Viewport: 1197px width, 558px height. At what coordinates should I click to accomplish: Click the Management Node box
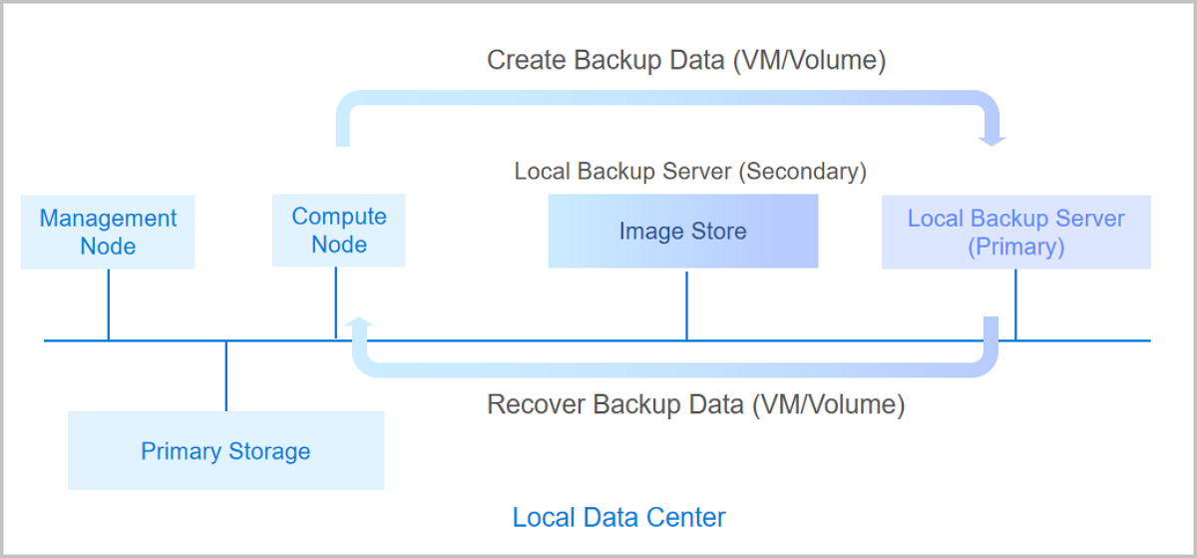click(x=108, y=233)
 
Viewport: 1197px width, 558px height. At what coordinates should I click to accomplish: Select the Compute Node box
click(x=338, y=231)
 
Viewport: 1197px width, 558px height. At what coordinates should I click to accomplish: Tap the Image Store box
click(x=682, y=232)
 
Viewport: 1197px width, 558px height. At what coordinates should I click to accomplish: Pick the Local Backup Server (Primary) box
click(x=1015, y=233)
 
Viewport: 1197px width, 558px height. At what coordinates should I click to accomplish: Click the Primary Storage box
click(x=225, y=451)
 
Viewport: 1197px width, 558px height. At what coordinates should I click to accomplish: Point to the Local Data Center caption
click(x=618, y=517)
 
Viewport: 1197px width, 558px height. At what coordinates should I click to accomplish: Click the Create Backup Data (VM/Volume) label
click(x=686, y=60)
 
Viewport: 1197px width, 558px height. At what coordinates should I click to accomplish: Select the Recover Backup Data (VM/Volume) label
click(x=695, y=404)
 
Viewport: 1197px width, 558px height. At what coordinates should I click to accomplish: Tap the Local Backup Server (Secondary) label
click(x=690, y=171)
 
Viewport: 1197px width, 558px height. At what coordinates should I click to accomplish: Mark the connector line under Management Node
click(x=108, y=304)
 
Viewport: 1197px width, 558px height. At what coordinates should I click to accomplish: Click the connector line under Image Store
click(x=686, y=304)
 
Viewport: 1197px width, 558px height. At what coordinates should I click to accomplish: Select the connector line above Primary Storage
click(x=226, y=376)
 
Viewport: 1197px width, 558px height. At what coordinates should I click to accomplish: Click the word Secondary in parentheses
click(x=802, y=171)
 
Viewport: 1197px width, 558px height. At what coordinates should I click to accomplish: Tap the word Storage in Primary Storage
click(x=269, y=451)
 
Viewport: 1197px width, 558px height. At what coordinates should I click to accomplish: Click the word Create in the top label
click(x=526, y=60)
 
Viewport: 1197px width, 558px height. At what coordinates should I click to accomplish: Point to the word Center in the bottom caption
click(x=687, y=517)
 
